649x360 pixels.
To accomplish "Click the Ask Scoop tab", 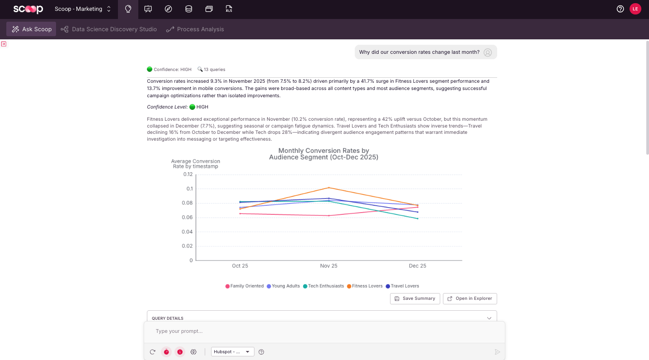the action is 31,29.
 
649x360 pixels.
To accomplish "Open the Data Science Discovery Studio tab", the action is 108,29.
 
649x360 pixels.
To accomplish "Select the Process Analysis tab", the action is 195,29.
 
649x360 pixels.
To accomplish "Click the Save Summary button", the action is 415,298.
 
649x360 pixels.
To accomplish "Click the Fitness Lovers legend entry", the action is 365,286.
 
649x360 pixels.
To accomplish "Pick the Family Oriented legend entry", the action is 245,286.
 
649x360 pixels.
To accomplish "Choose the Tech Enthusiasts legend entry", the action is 323,286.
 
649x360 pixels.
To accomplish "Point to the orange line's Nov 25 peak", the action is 329,188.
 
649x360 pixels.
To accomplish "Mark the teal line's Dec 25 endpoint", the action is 418,218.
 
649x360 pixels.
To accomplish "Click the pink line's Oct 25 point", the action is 240,213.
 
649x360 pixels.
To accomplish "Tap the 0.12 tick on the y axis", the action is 188,174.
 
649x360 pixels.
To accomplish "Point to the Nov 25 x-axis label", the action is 329,266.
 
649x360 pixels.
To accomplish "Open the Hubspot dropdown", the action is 232,351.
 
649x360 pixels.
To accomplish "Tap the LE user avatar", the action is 635,9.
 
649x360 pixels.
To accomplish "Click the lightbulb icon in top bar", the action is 128,9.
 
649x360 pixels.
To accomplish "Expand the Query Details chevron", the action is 489,318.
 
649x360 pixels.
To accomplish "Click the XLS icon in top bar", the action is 229,9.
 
